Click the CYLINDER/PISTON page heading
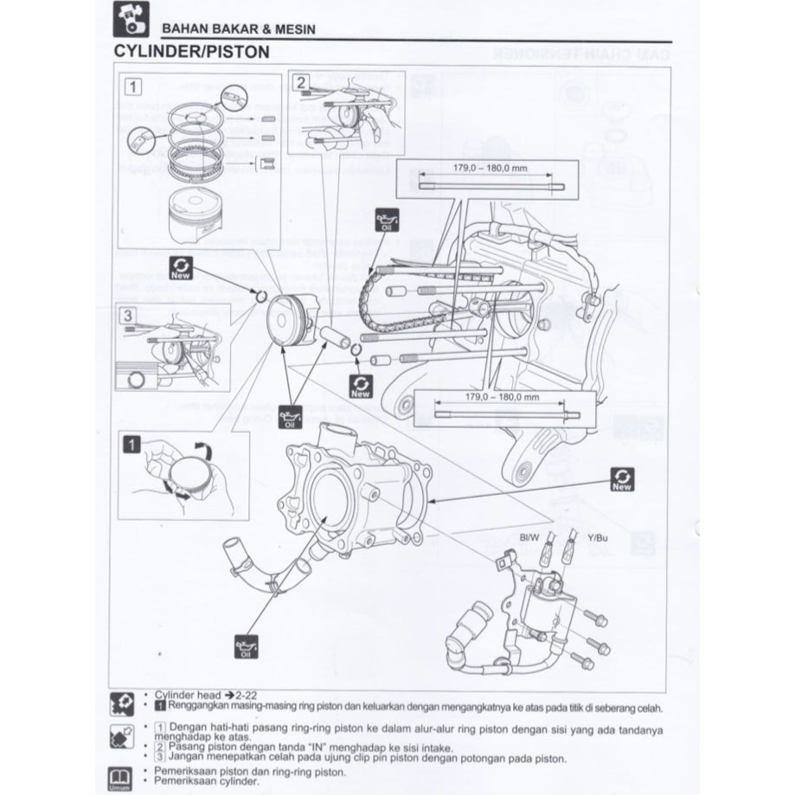point(191,51)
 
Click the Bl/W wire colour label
point(529,538)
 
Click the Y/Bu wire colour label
point(598,538)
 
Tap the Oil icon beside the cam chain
point(387,221)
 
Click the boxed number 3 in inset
point(128,316)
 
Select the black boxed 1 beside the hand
point(131,446)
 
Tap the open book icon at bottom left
point(122,774)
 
